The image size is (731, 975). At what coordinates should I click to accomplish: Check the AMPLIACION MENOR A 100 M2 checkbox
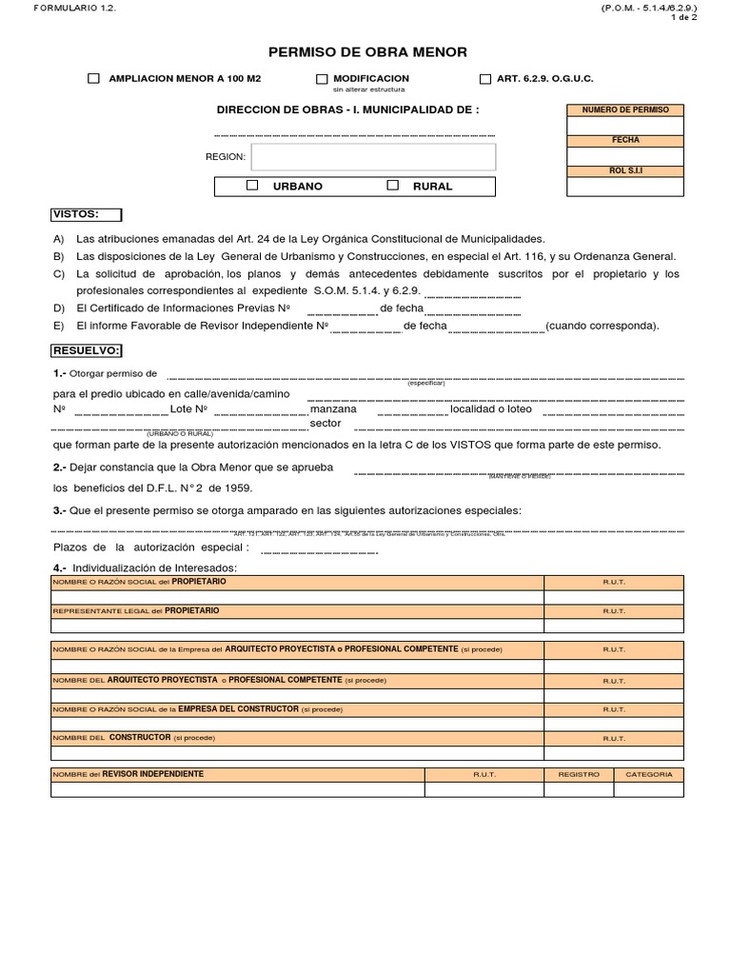pyautogui.click(x=93, y=79)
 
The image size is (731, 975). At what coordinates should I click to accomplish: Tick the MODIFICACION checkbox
pyautogui.click(x=322, y=79)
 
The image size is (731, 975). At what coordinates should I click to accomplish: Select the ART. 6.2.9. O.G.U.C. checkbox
pyautogui.click(x=485, y=79)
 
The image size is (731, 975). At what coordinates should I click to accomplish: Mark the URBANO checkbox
pyautogui.click(x=252, y=186)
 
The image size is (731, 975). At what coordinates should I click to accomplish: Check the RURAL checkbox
pyautogui.click(x=392, y=186)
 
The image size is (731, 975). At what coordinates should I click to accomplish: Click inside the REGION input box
pyautogui.click(x=373, y=157)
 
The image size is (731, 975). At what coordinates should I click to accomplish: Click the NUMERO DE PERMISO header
pyautogui.click(x=625, y=110)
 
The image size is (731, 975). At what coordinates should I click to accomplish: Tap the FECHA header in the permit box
pyautogui.click(x=625, y=140)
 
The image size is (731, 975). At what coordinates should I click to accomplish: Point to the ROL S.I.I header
pyautogui.click(x=625, y=170)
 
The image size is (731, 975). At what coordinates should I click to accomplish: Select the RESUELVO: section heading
pyautogui.click(x=86, y=350)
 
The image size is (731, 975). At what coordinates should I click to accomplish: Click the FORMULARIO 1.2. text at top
pyautogui.click(x=62, y=8)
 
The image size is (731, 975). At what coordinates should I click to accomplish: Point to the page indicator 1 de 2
pyautogui.click(x=683, y=17)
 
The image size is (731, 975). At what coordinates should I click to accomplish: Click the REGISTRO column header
pyautogui.click(x=579, y=774)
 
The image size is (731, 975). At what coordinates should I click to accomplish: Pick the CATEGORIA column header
pyautogui.click(x=648, y=774)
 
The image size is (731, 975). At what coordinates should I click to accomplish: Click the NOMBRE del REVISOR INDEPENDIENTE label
pyautogui.click(x=128, y=774)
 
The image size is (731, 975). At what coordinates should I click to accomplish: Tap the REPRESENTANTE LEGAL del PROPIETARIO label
pyautogui.click(x=135, y=610)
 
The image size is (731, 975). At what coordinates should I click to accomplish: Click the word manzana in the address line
pyautogui.click(x=333, y=408)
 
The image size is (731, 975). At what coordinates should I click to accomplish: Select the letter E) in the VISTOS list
pyautogui.click(x=59, y=325)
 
